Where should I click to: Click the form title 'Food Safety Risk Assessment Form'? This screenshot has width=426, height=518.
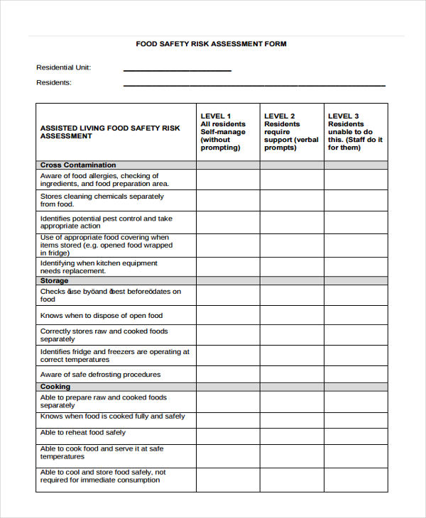point(211,44)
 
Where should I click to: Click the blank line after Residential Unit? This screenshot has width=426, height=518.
point(177,70)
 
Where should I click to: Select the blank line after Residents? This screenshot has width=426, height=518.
point(254,84)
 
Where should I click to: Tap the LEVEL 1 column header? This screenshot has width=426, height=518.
point(227,131)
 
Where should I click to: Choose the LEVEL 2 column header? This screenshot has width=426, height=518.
point(292,131)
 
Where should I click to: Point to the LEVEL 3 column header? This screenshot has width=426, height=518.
point(356,131)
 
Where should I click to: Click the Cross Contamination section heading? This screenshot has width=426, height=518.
point(78,165)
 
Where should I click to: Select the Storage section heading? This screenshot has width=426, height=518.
point(55,280)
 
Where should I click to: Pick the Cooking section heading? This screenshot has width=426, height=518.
point(55,387)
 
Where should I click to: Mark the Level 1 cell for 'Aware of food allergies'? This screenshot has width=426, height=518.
point(228,180)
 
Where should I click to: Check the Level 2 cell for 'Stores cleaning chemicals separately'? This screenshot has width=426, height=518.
point(292,200)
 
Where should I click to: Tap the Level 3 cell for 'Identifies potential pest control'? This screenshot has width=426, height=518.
point(356,222)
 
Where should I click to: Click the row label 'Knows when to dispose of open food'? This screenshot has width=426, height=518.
point(102,316)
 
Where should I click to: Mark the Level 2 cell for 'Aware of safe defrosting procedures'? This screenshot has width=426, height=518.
point(292,374)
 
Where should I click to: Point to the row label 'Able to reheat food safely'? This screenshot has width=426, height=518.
point(83,432)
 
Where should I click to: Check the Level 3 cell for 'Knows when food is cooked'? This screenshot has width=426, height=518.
point(356,417)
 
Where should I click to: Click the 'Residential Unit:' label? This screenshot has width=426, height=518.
point(64,68)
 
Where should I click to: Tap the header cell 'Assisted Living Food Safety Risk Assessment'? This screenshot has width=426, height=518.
point(110,132)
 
